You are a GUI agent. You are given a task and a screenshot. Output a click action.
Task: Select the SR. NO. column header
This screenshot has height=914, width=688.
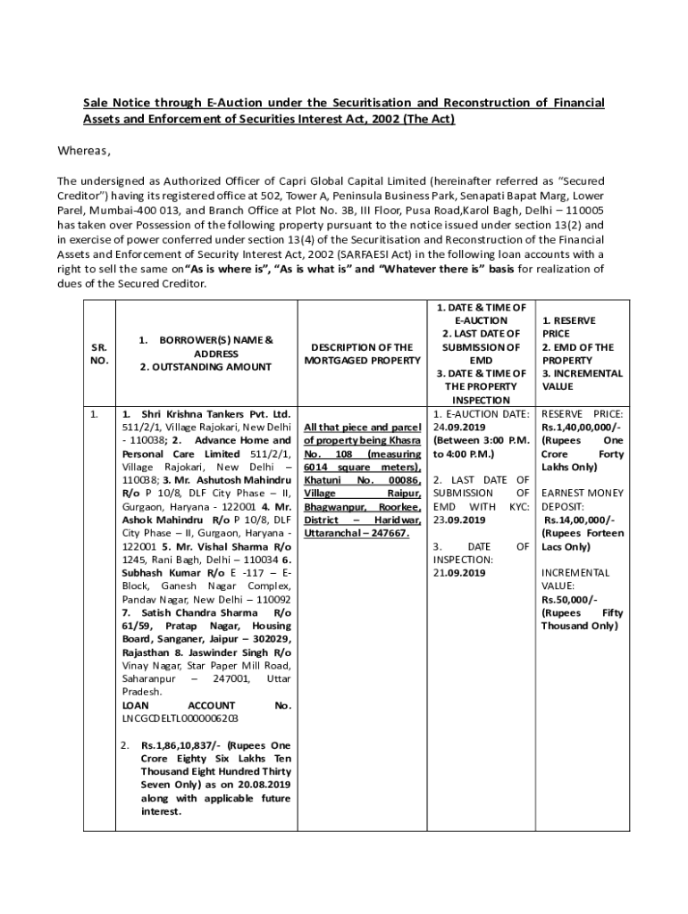tap(99, 353)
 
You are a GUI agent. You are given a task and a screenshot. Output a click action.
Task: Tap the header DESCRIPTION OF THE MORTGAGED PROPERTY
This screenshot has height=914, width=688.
tap(361, 353)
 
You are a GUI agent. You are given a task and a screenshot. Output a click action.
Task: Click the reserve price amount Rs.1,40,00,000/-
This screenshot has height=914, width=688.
tap(583, 428)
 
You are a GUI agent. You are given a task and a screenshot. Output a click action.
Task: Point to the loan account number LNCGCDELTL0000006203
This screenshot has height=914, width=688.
tap(180, 718)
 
